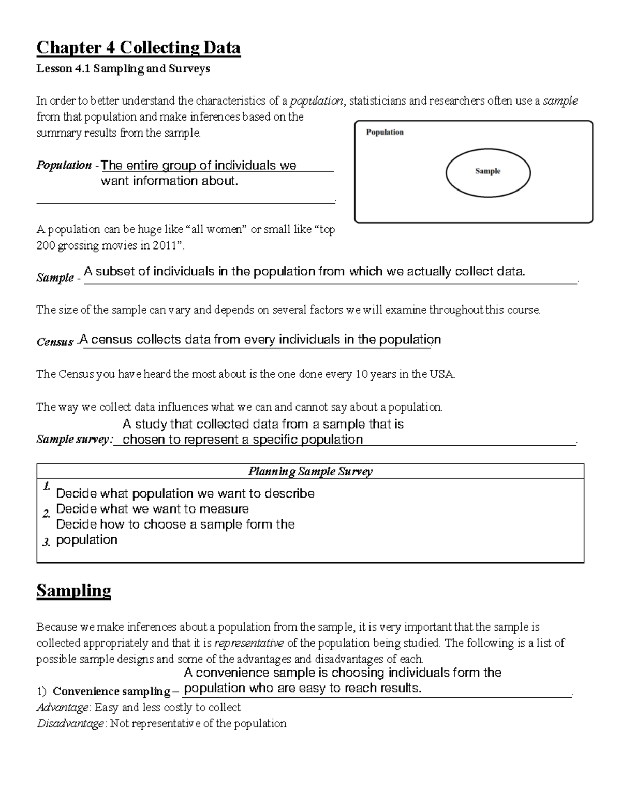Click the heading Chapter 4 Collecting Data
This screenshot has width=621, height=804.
tap(138, 48)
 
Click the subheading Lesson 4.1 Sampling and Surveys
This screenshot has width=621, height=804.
tap(123, 69)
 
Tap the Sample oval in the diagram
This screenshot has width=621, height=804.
tap(487, 171)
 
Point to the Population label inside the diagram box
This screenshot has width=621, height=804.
tap(385, 133)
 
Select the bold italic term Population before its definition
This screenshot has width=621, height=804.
tap(64, 166)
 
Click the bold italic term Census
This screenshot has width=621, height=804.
tap(55, 342)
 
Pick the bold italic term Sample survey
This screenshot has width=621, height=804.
tap(74, 440)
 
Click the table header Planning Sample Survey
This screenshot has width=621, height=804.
tap(310, 472)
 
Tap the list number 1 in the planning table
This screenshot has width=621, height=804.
tap(47, 486)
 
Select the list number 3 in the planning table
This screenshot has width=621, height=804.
tap(47, 542)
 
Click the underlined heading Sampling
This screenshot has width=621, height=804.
tap(73, 591)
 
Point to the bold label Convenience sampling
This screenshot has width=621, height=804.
tap(111, 691)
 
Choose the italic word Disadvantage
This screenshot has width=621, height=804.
tap(70, 723)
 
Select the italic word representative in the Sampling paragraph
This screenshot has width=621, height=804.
tap(249, 644)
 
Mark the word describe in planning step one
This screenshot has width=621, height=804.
tap(289, 493)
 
